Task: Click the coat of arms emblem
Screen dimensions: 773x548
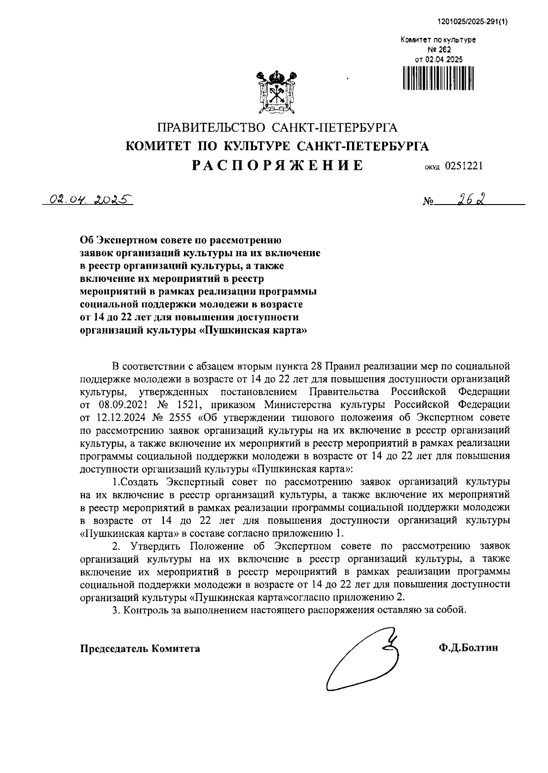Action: pyautogui.click(x=275, y=91)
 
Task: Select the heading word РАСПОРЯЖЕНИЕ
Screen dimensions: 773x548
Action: pyautogui.click(x=278, y=165)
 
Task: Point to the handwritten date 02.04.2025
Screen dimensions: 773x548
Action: pyautogui.click(x=87, y=200)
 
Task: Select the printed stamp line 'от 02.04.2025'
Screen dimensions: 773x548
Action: pyautogui.click(x=438, y=59)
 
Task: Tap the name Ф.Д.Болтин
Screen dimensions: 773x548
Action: pyautogui.click(x=468, y=648)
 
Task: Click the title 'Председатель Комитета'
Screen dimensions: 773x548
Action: pyautogui.click(x=140, y=648)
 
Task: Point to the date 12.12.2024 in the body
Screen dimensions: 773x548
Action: pyautogui.click(x=119, y=417)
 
